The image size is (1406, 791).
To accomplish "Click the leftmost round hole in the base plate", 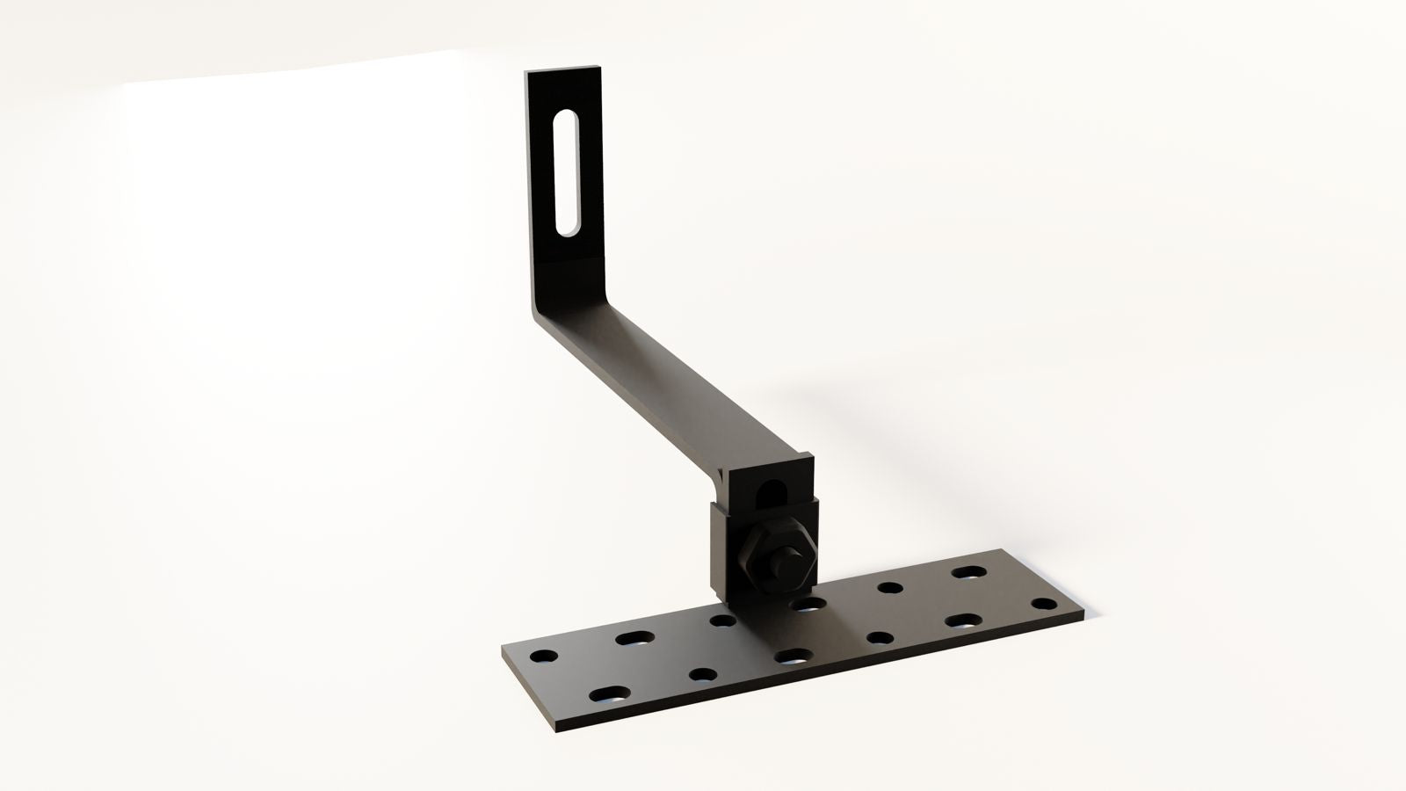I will click(x=544, y=657).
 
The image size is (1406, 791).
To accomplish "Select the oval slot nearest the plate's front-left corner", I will click(x=609, y=694).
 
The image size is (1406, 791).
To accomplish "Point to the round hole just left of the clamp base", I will click(x=722, y=620).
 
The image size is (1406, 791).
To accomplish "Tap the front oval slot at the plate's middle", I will click(x=794, y=657).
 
